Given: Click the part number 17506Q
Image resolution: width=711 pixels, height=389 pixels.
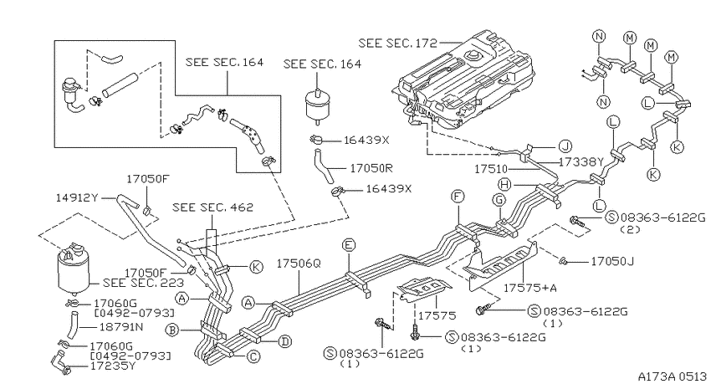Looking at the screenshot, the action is (x=299, y=264).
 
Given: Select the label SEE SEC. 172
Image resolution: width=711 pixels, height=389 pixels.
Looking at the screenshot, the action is (x=397, y=43).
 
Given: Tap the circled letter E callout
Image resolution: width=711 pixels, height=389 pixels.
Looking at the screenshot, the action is (x=349, y=245).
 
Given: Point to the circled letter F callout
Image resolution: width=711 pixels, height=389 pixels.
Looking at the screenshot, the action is (x=458, y=197).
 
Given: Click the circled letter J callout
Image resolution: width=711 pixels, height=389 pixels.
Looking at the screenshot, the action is (x=565, y=146).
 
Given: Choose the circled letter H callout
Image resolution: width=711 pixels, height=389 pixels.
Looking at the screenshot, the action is (x=504, y=185).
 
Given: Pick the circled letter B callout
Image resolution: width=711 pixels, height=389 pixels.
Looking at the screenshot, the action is (x=172, y=330).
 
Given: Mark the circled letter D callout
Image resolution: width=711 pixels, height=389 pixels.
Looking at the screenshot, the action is (x=284, y=341).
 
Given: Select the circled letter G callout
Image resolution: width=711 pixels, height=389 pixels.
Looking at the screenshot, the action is (x=499, y=199).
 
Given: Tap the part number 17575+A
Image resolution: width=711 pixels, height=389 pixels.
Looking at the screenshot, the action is (x=530, y=288).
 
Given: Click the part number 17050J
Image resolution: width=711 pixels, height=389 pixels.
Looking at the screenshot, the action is (x=612, y=262).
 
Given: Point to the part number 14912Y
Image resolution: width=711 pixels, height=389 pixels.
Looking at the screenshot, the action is (x=78, y=197).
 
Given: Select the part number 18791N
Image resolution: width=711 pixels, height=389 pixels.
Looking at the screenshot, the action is (x=121, y=327).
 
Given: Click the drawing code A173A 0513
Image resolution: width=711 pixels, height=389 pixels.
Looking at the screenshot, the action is (x=673, y=376).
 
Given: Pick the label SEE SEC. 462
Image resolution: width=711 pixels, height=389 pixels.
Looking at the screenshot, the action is (x=212, y=207).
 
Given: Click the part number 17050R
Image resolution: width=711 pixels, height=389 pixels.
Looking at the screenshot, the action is (x=371, y=168).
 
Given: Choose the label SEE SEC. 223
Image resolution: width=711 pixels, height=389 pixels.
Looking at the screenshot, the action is (x=143, y=283).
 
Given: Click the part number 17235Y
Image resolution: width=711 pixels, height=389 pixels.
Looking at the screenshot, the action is (x=113, y=366).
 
